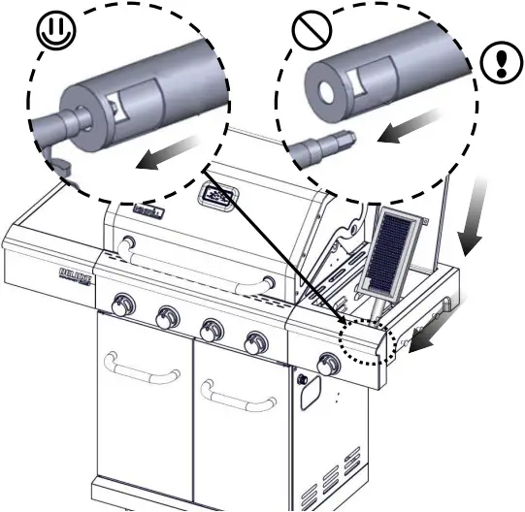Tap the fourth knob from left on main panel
tap(256, 342)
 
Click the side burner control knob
tap(329, 366)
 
